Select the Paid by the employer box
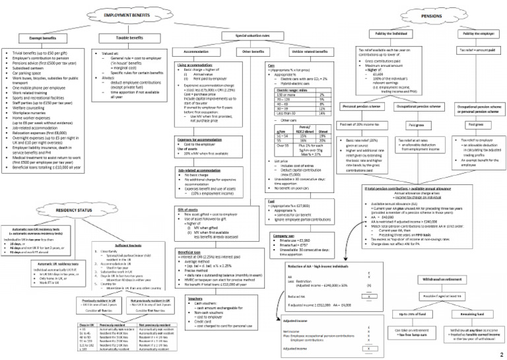[x=475, y=33]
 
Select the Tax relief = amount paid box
[x=475, y=50]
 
